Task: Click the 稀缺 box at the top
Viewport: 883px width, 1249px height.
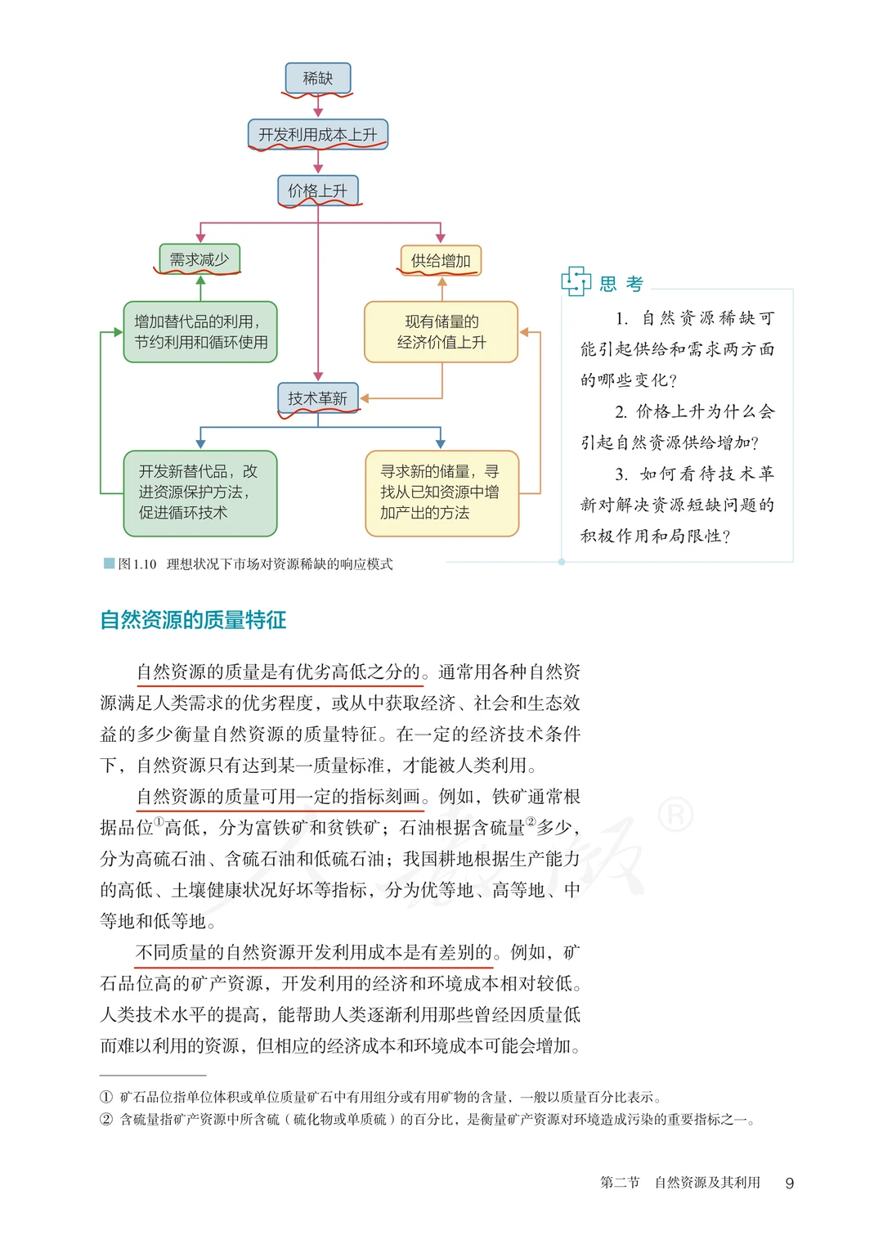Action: click(318, 79)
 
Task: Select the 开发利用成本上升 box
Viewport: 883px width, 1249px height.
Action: click(318, 134)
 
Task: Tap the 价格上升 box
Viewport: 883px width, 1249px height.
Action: click(318, 191)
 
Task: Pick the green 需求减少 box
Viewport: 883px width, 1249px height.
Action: click(199, 259)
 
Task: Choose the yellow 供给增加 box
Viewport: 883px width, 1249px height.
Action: click(441, 261)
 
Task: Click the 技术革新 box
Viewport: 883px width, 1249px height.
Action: click(318, 398)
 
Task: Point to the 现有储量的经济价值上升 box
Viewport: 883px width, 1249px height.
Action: click(441, 332)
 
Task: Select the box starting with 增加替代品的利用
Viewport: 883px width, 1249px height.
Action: click(200, 332)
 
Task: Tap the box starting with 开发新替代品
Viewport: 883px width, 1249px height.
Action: click(200, 492)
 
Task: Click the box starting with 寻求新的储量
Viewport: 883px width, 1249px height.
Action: click(441, 492)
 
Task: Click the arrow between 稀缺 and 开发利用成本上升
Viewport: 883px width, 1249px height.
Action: click(318, 106)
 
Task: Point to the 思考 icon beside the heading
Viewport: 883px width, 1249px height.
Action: click(576, 281)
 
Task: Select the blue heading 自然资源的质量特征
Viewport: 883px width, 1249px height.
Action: click(193, 620)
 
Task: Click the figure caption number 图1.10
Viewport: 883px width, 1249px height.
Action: click(137, 564)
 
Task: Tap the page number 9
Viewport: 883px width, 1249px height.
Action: click(789, 1183)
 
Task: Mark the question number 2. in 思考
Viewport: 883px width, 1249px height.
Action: click(622, 411)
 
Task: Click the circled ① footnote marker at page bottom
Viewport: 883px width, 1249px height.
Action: click(106, 1097)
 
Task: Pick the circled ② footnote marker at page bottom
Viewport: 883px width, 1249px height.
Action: click(106, 1119)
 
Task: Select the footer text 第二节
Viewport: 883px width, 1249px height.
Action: click(620, 1182)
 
